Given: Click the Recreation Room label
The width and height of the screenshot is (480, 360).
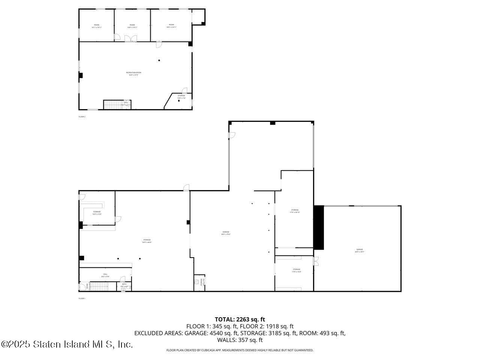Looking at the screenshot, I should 133,73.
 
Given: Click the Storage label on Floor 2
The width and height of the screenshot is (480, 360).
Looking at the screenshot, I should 181,96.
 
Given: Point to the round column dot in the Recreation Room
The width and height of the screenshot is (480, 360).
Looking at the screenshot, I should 159,60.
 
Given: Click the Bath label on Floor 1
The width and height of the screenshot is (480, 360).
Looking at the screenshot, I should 124,285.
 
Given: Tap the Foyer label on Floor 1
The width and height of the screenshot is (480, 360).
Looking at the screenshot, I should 87,286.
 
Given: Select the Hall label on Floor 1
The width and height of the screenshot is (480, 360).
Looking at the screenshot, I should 105,275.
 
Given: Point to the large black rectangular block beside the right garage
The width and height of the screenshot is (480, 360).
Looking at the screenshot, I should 319,227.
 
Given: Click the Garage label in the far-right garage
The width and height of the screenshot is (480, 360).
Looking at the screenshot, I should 360,250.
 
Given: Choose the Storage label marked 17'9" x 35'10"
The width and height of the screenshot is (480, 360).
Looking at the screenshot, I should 295,211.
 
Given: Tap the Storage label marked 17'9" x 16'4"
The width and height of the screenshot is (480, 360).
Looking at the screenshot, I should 297,270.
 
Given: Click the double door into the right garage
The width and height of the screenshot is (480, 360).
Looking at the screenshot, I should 316,261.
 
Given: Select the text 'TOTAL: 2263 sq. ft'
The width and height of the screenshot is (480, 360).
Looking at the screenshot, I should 240,319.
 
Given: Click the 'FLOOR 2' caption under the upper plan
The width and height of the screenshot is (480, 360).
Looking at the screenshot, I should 82,117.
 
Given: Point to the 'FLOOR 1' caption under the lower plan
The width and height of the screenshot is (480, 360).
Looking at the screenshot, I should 82,298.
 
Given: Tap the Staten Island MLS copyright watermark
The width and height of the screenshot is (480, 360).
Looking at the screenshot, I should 67,344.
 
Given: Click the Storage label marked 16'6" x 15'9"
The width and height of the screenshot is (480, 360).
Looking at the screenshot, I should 97,213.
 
